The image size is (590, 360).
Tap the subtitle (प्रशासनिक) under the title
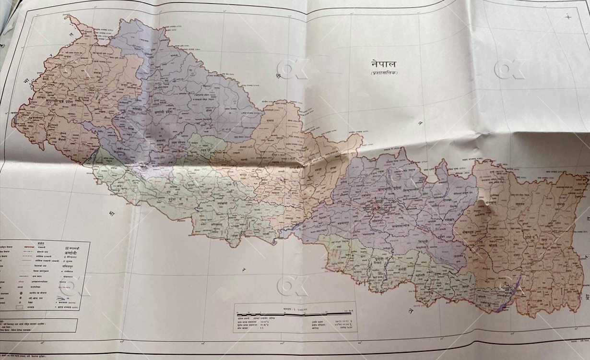tap(385, 73)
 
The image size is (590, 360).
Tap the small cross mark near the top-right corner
tap(568, 16)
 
